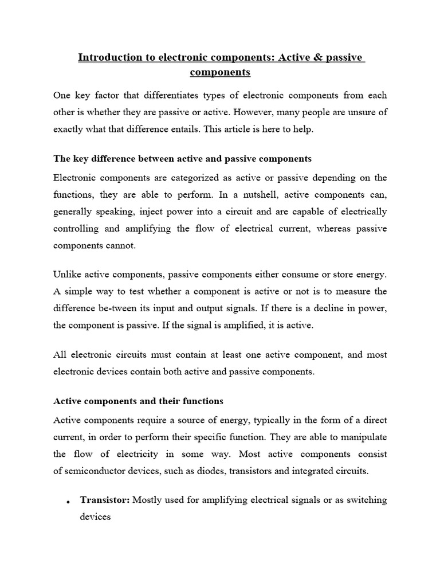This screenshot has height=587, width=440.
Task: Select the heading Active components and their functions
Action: point(138,400)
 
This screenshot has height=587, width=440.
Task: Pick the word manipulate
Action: point(359,437)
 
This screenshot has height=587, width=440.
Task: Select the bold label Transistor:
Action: point(105,500)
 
